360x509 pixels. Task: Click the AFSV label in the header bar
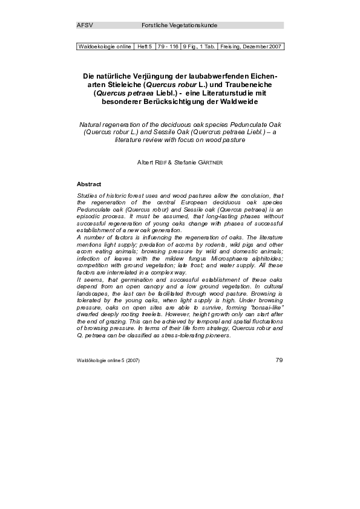[x=84, y=25]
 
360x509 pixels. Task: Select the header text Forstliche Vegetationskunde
[x=179, y=25]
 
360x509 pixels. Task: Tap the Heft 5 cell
[x=145, y=47]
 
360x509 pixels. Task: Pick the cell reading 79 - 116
[x=168, y=47]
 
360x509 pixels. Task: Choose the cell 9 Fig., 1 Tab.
[x=199, y=47]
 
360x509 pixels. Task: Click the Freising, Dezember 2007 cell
[x=251, y=47]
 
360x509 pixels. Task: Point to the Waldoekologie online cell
[x=105, y=47]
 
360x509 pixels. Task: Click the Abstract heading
[x=89, y=183]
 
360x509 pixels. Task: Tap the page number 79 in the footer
[x=279, y=360]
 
